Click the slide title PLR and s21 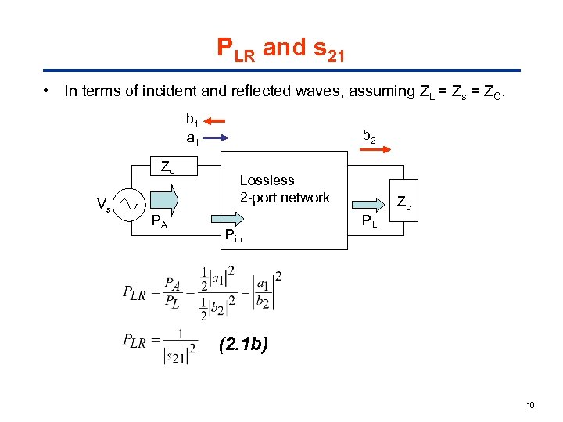point(281,49)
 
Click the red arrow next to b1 point(217,121)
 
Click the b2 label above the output point(368,137)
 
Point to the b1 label point(192,120)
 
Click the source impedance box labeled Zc point(167,166)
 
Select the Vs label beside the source point(103,206)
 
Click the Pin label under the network point(233,234)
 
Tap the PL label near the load point(368,223)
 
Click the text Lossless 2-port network point(285,189)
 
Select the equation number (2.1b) point(243,343)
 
